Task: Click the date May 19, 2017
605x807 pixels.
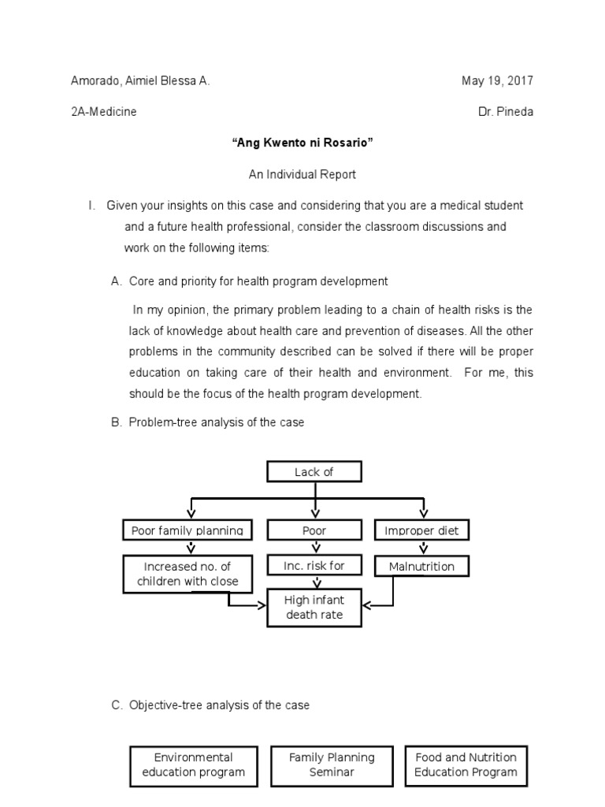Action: point(497,81)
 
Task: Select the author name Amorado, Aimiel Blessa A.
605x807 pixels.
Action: point(140,81)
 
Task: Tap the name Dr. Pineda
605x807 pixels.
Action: point(505,112)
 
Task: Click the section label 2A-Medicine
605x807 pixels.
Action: point(104,112)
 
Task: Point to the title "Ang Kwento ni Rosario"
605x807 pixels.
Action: point(302,143)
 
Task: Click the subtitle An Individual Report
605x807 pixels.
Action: point(302,174)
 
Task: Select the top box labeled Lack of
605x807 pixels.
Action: point(314,472)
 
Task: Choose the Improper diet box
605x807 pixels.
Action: point(421,530)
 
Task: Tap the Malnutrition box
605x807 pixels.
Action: point(421,566)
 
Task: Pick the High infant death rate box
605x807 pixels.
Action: point(314,607)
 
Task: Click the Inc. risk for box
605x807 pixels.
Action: point(314,566)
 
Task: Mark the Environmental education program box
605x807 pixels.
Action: point(194,765)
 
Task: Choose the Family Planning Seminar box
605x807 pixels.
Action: point(332,765)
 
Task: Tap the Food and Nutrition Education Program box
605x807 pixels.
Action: point(466,765)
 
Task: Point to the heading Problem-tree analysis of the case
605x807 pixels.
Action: point(217,422)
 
